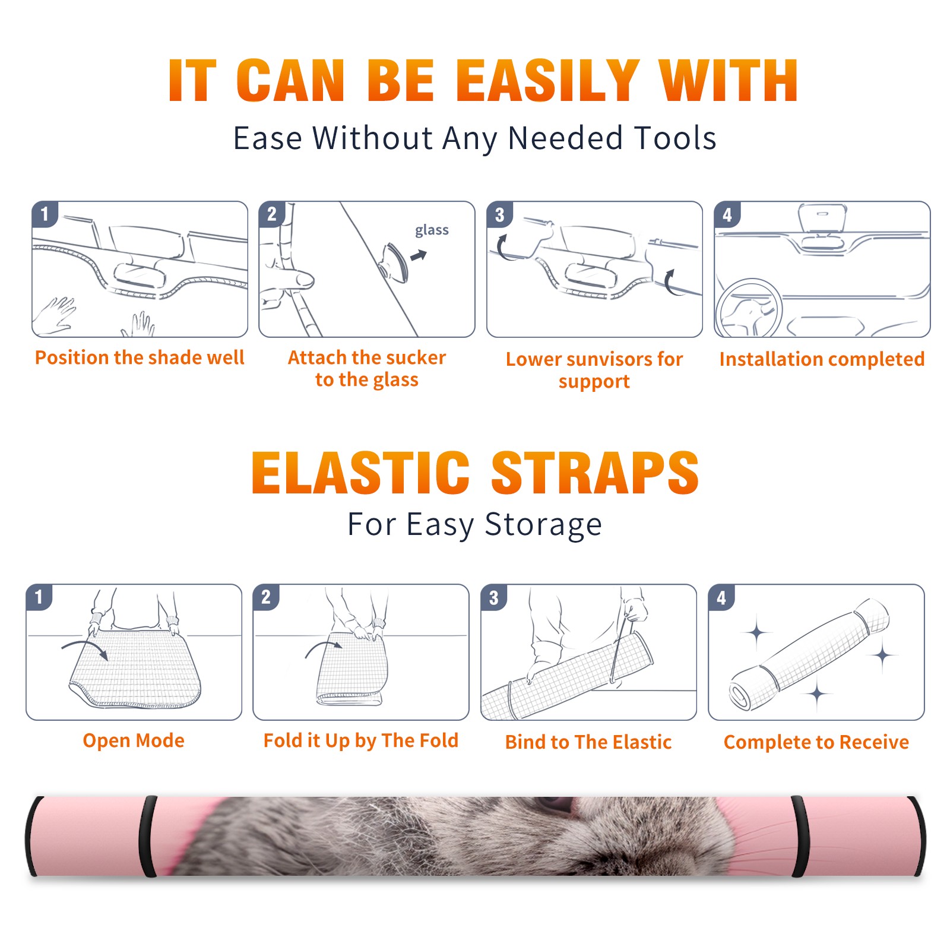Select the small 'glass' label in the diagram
coord(432,230)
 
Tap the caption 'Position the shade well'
coord(140,357)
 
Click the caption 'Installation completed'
coord(822,359)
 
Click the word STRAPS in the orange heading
coord(595,473)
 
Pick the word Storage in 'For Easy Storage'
coord(543,525)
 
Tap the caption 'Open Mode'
coord(134,740)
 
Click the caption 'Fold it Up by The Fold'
coord(361,740)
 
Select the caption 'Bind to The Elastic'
coord(588,742)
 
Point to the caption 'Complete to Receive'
coord(816,742)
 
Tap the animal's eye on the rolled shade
coord(555,804)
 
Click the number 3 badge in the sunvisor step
coord(499,215)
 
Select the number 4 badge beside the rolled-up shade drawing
coord(721,597)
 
